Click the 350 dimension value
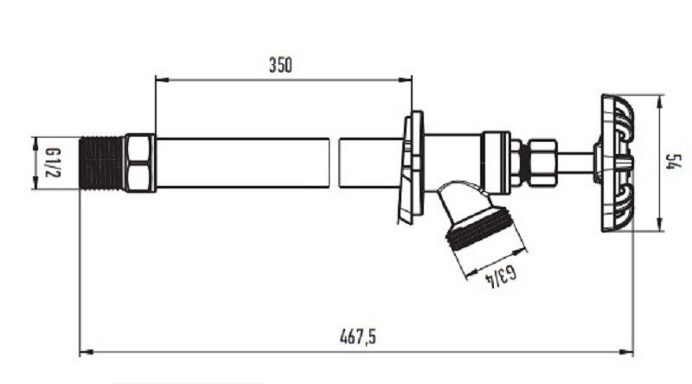(280, 65)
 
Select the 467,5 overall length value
(358, 336)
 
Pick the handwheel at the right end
(617, 163)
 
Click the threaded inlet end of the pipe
(102, 163)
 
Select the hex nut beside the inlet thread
(140, 163)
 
